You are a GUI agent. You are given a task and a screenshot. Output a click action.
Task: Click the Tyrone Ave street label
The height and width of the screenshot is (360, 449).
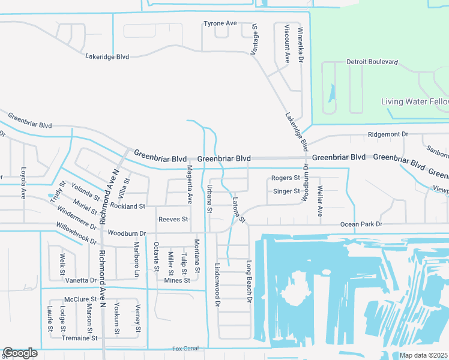220,23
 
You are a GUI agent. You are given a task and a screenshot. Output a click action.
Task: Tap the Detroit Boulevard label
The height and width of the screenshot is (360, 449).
372,62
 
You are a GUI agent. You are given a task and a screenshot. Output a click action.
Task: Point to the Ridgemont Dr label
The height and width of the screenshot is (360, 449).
388,135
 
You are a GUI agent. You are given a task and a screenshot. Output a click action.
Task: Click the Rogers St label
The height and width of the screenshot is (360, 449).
285,178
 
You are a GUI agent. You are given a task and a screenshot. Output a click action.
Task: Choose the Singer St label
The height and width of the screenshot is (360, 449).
286,191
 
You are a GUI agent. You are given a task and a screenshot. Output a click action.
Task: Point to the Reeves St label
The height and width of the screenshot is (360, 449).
173,220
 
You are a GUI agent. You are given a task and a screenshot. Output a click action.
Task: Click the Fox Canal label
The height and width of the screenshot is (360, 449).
185,349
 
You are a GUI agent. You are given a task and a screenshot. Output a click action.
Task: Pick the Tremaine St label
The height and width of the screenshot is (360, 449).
80,338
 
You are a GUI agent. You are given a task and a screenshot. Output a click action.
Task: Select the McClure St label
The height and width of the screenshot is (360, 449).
80,299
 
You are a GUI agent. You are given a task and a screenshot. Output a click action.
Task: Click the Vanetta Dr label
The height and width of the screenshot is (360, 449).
80,280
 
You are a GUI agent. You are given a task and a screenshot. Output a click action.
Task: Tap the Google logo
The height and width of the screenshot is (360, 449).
20,353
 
